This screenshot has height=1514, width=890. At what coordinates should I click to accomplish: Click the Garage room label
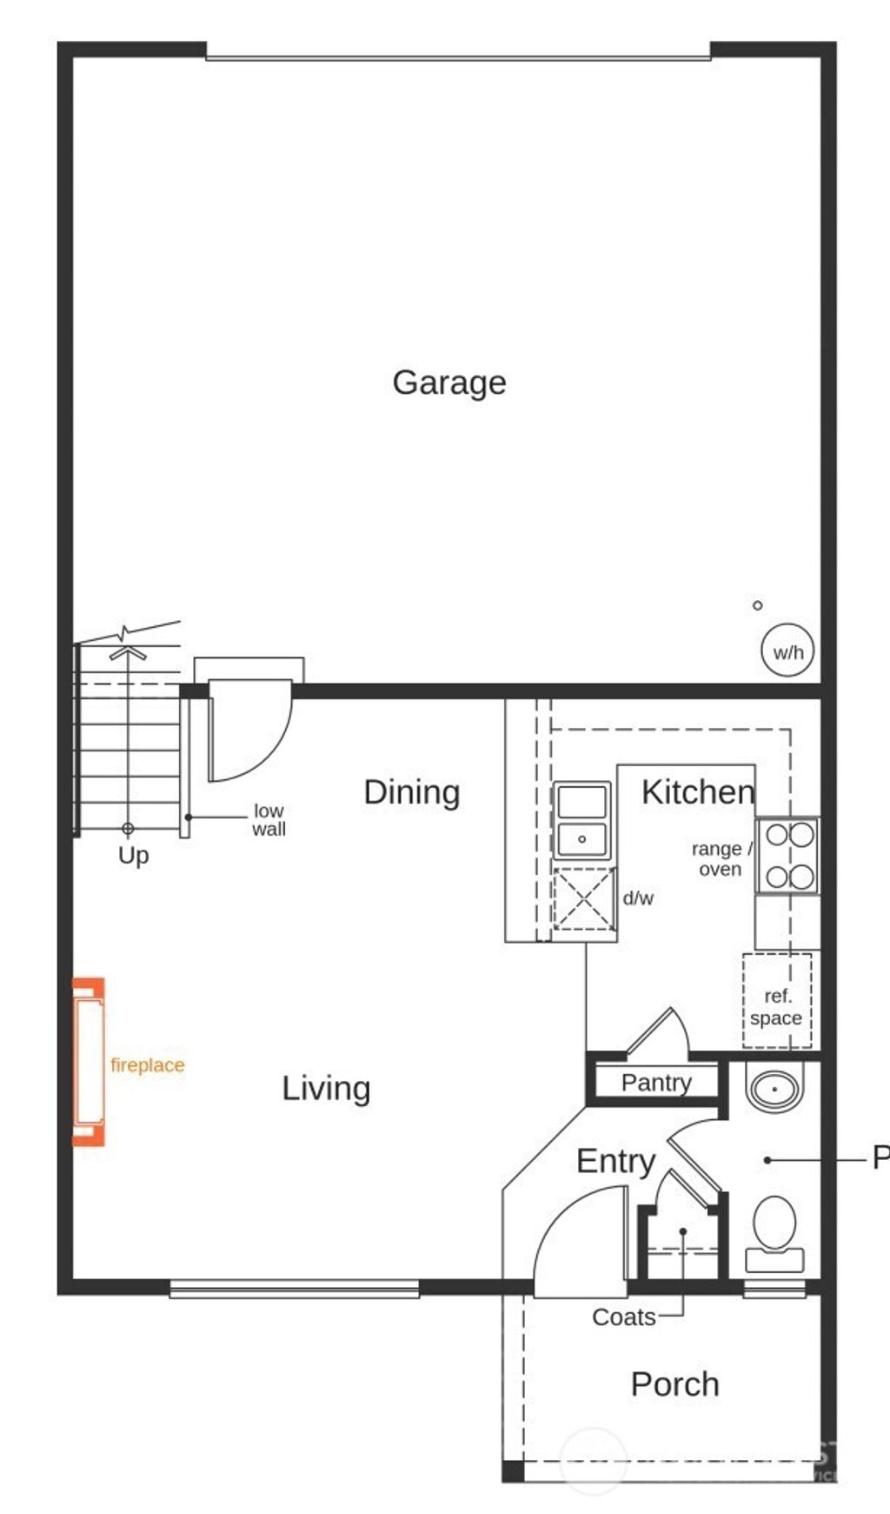point(448,383)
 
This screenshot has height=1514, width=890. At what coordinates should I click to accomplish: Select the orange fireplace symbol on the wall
point(88,1062)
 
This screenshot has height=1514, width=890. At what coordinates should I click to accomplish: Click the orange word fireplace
point(147,1065)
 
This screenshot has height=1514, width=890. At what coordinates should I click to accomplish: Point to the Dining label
point(411,792)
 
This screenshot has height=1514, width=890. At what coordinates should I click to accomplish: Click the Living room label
point(326,1089)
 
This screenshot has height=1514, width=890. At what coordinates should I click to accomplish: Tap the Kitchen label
point(697,792)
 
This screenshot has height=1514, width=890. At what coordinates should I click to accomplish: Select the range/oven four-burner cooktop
point(787,856)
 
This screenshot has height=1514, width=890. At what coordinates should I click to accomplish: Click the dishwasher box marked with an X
point(584,898)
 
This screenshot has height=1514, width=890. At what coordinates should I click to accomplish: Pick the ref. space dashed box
point(776,1001)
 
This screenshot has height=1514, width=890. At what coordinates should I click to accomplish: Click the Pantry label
point(656,1083)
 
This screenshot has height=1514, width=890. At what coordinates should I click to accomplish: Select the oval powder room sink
point(774,1089)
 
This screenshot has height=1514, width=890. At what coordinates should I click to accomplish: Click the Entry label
point(615,1162)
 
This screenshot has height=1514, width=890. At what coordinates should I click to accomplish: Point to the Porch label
point(674,1384)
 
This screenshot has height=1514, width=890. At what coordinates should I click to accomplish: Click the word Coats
point(623,1317)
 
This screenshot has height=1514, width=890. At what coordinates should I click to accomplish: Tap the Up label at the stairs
point(133,856)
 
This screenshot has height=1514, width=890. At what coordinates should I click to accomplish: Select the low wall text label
point(269,820)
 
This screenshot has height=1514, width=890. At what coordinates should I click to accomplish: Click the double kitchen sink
point(581,820)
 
